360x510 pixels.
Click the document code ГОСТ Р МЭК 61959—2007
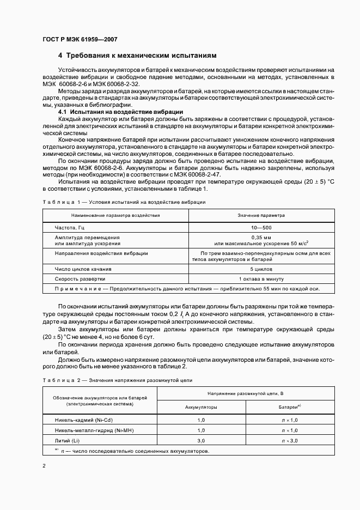(x=79, y=39)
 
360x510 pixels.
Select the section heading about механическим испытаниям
(x=137, y=56)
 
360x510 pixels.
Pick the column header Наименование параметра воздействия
(x=115, y=215)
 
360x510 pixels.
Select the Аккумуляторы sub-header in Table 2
(x=201, y=407)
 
